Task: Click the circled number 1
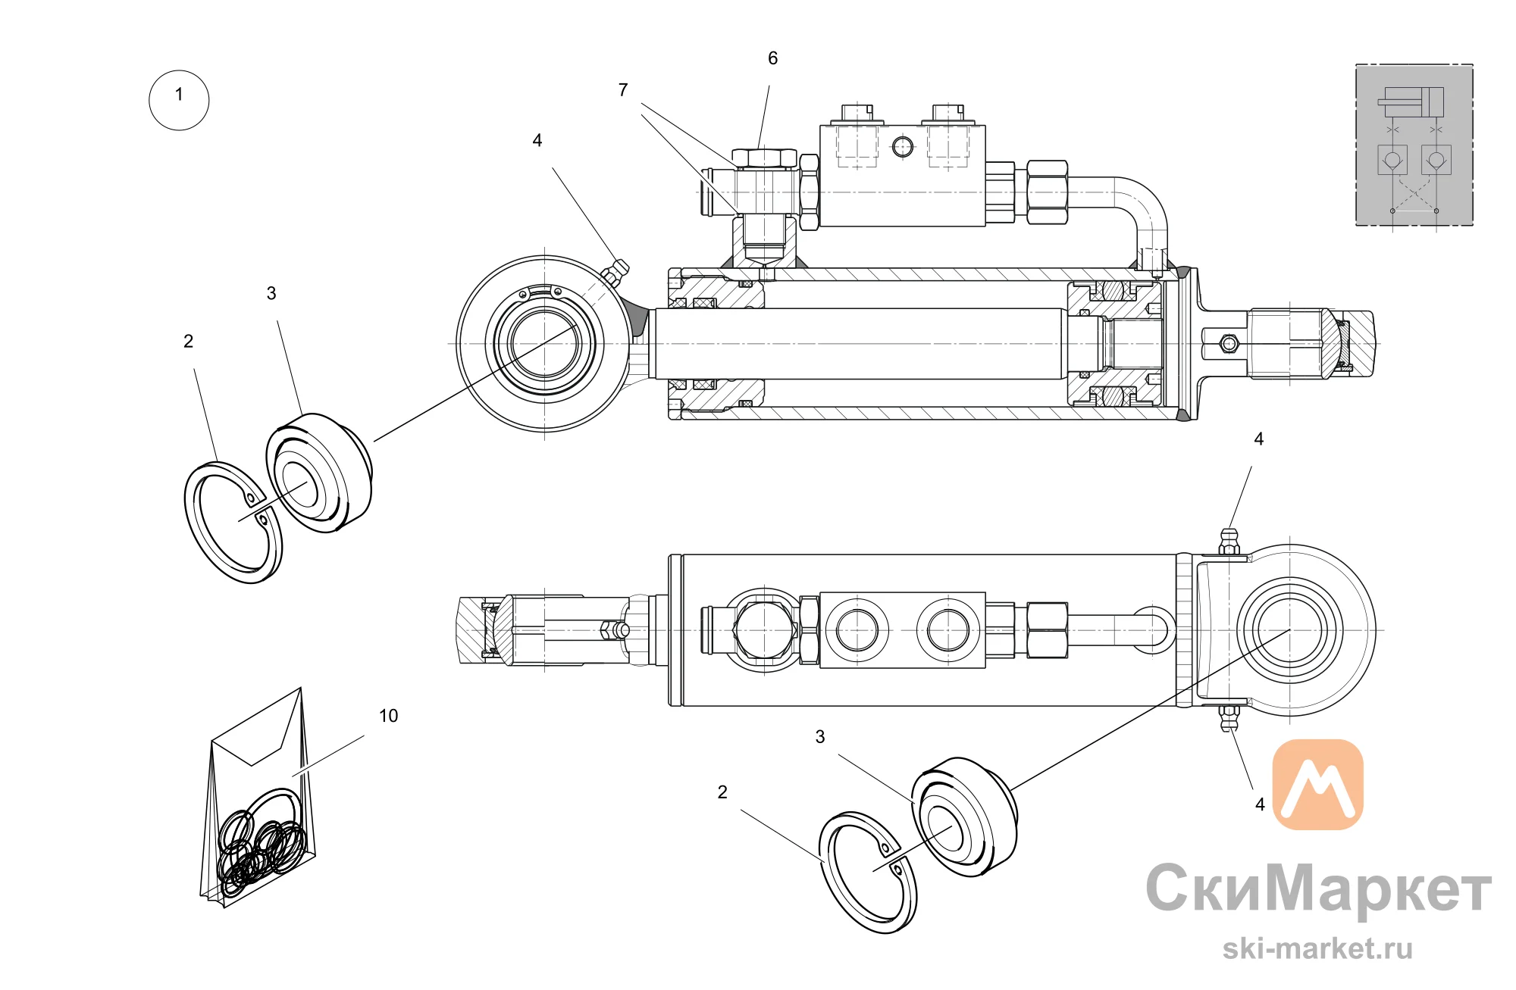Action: pos(179,100)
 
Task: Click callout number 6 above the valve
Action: pos(772,58)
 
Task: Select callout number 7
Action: pos(623,90)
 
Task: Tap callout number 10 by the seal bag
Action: pos(388,716)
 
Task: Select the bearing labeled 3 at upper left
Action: pos(319,473)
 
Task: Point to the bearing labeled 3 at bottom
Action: pos(964,817)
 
